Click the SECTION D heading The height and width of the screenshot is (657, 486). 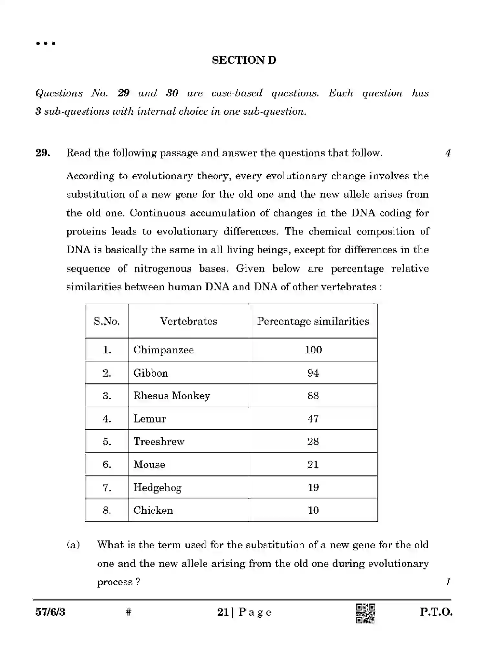(x=244, y=60)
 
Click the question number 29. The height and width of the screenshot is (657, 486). (x=43, y=153)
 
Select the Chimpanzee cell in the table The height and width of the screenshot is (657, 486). (x=163, y=350)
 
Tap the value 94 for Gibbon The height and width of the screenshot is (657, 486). (x=313, y=373)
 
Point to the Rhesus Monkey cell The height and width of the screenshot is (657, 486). (x=171, y=396)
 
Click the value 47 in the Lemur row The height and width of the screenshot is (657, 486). (x=313, y=419)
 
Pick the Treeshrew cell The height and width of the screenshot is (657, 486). (x=159, y=442)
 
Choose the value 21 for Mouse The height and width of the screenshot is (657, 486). (x=313, y=464)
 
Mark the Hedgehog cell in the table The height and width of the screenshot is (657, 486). (x=157, y=487)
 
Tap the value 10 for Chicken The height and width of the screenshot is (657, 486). (x=313, y=510)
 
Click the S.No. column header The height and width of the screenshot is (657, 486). (x=107, y=321)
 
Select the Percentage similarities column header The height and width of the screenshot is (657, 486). (x=313, y=321)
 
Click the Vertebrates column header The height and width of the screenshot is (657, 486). (x=189, y=321)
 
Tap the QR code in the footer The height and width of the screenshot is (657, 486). (x=365, y=613)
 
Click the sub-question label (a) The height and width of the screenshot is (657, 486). (x=73, y=545)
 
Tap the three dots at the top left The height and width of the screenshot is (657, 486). (x=46, y=44)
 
